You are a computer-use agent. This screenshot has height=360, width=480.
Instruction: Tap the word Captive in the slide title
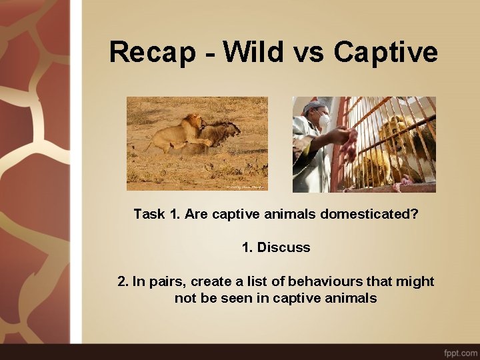coord(386,52)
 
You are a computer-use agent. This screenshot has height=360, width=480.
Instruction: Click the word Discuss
coord(284,247)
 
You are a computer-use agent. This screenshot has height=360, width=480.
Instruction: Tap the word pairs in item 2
coord(169,281)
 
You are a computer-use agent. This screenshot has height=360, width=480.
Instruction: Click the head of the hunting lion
coord(193,123)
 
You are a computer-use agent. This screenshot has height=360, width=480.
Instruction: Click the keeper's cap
coord(315,105)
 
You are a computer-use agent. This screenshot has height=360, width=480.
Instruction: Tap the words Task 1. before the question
coord(157,214)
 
